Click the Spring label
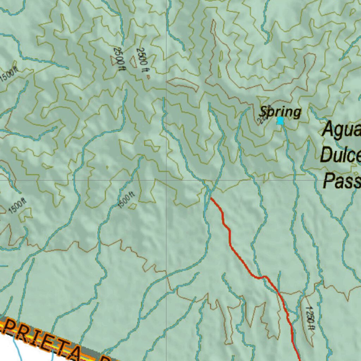280,112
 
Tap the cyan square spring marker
280,121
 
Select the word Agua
342,129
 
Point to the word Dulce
341,154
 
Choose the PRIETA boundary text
42,338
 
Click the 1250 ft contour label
310,317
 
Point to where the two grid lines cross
166,180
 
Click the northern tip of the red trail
211,198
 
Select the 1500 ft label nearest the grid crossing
126,200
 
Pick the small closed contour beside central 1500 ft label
133,206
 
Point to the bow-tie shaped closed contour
152,146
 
